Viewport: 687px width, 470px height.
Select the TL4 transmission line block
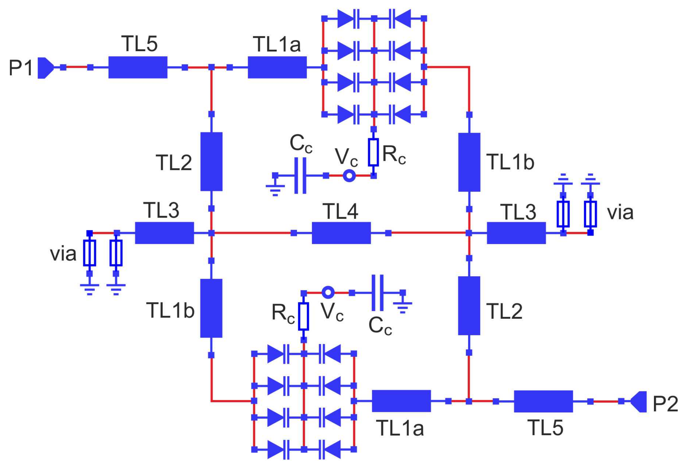[341, 233]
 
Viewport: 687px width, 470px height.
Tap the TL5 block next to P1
[138, 67]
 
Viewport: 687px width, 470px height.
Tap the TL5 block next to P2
[543, 401]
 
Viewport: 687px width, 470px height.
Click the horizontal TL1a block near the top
[277, 67]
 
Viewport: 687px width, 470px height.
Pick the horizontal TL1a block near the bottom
[401, 401]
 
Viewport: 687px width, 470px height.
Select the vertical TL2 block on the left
[211, 161]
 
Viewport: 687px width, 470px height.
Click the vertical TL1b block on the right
[469, 162]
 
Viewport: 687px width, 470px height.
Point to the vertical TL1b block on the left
[211, 308]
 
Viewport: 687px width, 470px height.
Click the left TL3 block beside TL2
[164, 233]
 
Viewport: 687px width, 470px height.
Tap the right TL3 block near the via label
[516, 233]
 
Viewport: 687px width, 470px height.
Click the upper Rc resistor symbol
[373, 152]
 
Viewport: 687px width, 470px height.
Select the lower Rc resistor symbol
[304, 316]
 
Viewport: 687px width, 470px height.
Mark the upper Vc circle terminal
[349, 176]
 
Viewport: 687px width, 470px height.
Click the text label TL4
[341, 211]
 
